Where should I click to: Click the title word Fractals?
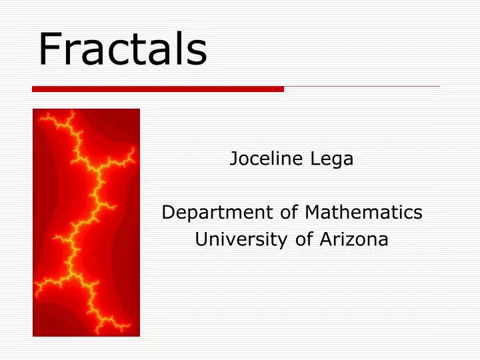[123, 50]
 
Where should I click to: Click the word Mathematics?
[363, 213]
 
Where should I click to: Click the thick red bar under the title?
[158, 89]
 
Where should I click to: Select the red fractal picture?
[86, 222]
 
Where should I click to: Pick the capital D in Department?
[168, 213]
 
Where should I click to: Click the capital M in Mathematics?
[312, 213]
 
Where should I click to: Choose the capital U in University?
[200, 239]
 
